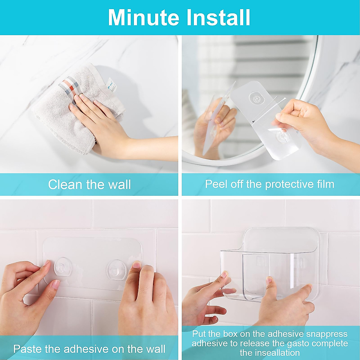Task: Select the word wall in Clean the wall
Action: (x=119, y=184)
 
